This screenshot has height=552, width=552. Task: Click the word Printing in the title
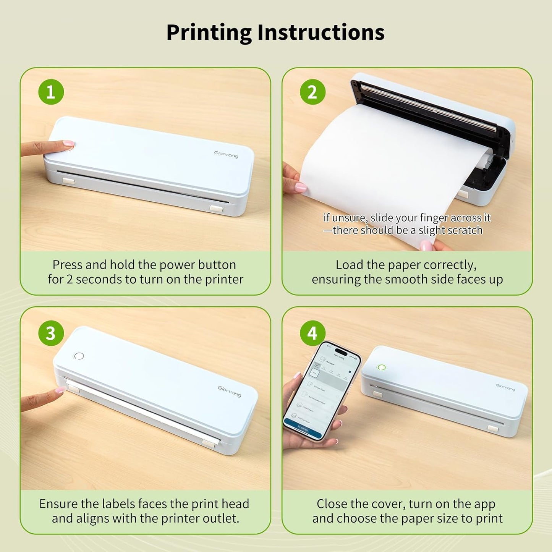(x=209, y=32)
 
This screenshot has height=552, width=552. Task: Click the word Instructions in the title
(x=321, y=32)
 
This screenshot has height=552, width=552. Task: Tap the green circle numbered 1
(x=51, y=92)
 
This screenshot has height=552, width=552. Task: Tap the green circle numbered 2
(x=312, y=92)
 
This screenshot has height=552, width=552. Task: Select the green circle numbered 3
(x=51, y=333)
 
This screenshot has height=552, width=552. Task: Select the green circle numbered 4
(x=312, y=333)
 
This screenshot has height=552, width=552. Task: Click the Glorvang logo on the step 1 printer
(x=226, y=154)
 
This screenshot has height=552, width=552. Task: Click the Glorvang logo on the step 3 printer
(x=229, y=391)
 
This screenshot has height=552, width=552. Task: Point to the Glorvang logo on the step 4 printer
(x=505, y=387)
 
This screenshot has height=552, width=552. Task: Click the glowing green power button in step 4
(x=381, y=367)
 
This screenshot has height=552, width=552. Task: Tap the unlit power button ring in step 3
(x=79, y=356)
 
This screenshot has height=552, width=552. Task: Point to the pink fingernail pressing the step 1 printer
(x=69, y=144)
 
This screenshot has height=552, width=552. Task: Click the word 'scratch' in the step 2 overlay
(x=464, y=230)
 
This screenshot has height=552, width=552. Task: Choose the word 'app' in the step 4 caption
(x=484, y=504)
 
